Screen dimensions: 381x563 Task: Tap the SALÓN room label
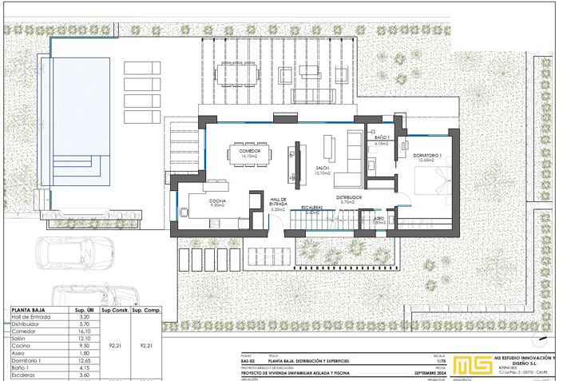[x=323, y=169]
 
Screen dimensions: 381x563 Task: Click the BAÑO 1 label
[x=381, y=141]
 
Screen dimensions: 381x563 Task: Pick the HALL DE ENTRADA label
[x=278, y=202]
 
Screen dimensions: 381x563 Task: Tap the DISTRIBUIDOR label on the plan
[x=349, y=197]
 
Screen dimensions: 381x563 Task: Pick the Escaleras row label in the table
[x=26, y=374]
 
